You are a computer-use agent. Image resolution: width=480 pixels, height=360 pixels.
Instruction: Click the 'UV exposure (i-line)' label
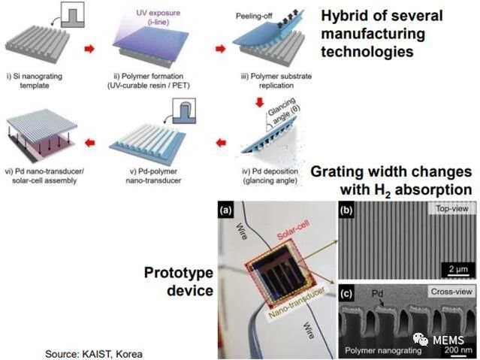coord(158,17)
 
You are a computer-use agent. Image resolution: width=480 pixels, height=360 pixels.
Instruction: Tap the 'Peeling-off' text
coord(254,17)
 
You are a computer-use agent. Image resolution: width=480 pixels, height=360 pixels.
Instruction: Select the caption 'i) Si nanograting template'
coord(35,80)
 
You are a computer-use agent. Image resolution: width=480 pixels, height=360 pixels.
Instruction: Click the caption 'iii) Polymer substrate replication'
coord(276,80)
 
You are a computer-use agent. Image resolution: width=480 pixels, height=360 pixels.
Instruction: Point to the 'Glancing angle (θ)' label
coord(283,111)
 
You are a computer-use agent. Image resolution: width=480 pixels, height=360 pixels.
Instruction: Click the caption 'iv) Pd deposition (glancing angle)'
coord(270,176)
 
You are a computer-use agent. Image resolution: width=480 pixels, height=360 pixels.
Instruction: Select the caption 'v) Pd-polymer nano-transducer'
coord(153,176)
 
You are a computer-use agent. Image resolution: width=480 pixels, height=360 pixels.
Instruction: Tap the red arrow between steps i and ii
coord(89,49)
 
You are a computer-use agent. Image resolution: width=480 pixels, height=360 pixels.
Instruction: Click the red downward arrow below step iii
coord(260,102)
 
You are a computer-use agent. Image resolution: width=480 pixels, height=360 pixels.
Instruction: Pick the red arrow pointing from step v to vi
coord(89,143)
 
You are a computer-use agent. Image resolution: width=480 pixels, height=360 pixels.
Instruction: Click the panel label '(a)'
coord(226,210)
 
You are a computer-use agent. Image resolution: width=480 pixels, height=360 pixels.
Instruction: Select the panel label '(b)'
coord(346,210)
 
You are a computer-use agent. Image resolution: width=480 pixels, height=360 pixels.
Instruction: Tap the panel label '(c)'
coord(346,293)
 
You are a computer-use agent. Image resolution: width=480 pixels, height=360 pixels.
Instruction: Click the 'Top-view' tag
coord(452,209)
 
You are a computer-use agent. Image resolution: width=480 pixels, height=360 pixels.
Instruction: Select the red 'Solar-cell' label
coord(293,230)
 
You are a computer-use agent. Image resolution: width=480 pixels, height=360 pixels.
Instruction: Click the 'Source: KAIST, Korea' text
coord(94,353)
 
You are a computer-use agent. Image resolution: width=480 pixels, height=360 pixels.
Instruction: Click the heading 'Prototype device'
coord(179,281)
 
